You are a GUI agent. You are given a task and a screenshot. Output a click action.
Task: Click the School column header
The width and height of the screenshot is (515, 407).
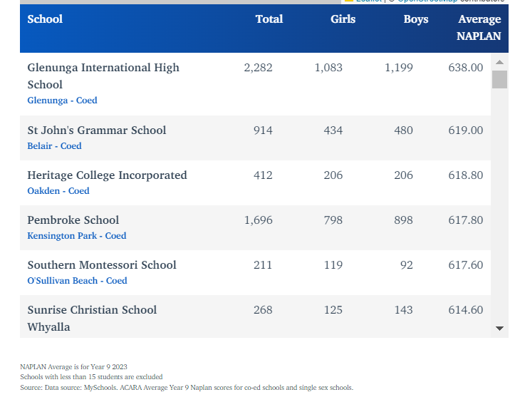click(45, 19)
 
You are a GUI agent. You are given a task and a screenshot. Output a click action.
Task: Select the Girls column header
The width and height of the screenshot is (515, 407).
click(343, 19)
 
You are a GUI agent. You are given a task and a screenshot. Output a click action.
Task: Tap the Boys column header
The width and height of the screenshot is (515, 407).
click(416, 19)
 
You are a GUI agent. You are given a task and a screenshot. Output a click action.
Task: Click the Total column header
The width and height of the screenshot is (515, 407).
click(269, 19)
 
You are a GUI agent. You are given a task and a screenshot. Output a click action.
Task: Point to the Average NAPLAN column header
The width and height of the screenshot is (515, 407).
click(479, 27)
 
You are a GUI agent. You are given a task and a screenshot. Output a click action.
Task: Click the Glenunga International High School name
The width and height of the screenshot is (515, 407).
click(103, 76)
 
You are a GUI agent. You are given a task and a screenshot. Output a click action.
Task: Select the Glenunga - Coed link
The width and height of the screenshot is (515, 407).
click(62, 101)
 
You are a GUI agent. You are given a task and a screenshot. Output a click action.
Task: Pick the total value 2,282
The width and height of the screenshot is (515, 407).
click(258, 68)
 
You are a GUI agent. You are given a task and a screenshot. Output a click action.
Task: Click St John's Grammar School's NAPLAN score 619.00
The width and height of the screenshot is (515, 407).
click(465, 130)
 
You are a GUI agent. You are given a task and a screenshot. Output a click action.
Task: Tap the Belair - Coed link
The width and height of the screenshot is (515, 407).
click(54, 146)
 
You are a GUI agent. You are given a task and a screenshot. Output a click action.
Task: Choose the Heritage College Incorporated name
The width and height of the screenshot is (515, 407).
click(107, 175)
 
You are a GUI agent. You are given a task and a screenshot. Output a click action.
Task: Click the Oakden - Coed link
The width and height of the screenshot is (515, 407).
click(58, 191)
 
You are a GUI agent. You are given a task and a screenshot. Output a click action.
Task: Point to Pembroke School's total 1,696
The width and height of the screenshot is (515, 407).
click(258, 220)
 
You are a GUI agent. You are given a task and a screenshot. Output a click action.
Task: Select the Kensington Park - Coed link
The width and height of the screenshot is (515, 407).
click(76, 236)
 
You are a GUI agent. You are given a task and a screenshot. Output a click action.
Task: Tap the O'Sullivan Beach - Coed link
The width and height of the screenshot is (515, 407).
click(77, 281)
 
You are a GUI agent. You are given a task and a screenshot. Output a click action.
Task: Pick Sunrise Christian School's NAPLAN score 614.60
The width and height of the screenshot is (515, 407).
click(465, 310)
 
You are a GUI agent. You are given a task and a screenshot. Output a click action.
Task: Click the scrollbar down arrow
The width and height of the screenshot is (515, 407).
click(499, 329)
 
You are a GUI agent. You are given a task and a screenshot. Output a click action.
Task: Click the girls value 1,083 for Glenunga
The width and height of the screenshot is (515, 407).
click(328, 68)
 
